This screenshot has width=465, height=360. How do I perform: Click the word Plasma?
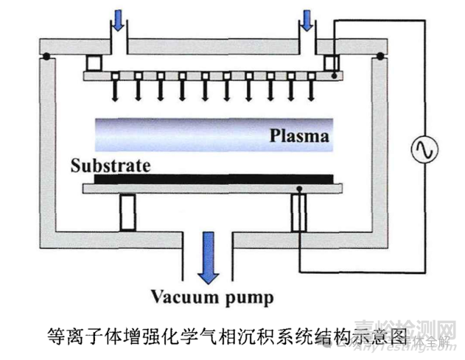(x=298, y=136)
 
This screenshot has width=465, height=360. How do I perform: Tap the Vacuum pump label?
(x=212, y=298)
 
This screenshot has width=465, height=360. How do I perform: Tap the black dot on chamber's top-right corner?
(x=381, y=56)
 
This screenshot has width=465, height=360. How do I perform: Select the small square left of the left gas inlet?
(x=94, y=63)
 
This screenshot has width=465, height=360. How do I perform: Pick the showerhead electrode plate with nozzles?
(x=214, y=76)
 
